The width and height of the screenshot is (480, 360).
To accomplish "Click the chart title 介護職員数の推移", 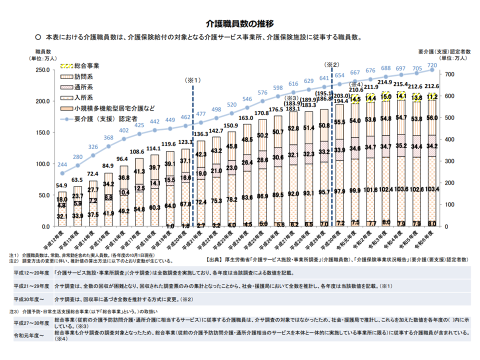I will point(240,23).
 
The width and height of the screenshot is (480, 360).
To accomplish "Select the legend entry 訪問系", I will point(83,76).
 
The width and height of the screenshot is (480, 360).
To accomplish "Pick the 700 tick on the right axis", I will point(449,74).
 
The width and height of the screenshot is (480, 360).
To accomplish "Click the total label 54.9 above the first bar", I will point(62,185).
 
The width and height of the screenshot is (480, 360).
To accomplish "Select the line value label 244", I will point(62,165).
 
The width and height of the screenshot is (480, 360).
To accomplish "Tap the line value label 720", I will point(432,65).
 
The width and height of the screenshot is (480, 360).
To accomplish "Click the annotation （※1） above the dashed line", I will point(192,80).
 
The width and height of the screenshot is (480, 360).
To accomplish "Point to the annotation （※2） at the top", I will point(332,64).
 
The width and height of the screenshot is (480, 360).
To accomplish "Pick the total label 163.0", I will point(246,118).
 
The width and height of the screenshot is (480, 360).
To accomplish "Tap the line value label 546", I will point(246,99).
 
